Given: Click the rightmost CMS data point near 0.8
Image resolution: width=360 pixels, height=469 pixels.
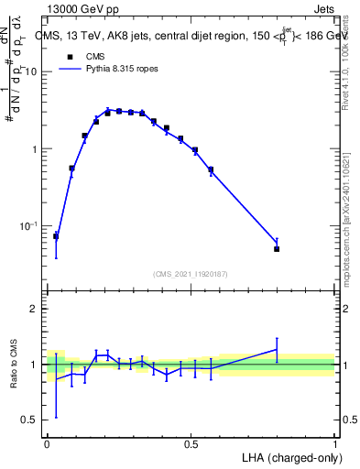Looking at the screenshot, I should pos(277,248).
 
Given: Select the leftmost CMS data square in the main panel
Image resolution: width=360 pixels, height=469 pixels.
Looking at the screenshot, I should pos(56,236).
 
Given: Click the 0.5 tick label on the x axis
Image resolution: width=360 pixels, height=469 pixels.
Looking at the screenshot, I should pos(191,443).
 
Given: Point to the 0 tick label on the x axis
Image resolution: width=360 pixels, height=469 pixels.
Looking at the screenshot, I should pos(47,443).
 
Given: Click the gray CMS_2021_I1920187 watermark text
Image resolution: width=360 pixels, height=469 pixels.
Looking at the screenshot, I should pos(191,273).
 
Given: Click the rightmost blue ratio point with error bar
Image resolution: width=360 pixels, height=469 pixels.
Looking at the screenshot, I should pos(277,349).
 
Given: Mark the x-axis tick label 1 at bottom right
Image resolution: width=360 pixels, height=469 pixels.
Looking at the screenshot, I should pos(335,443).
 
